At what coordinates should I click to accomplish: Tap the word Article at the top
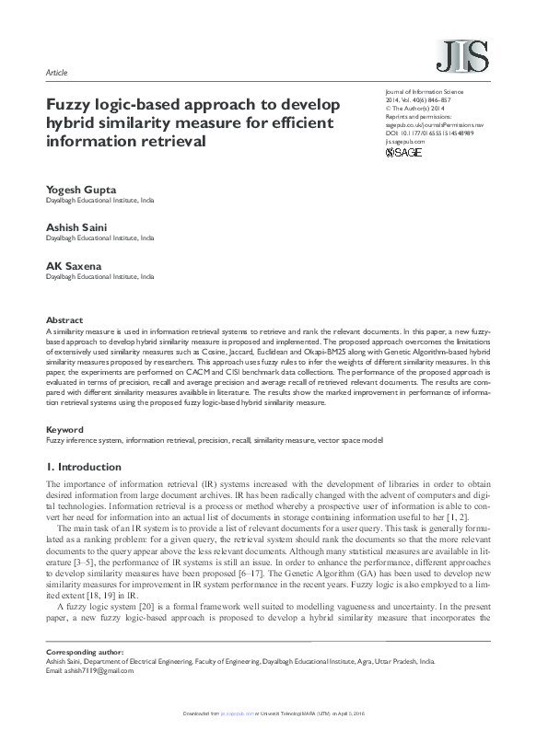(57, 72)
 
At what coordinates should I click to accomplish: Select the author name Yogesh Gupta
(82, 190)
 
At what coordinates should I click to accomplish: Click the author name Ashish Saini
(78, 227)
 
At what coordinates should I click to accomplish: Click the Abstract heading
(64, 320)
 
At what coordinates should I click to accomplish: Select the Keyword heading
(64, 430)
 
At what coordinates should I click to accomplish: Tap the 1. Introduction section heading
(84, 467)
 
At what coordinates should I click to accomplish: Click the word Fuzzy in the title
(70, 105)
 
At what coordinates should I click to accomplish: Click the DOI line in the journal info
(428, 133)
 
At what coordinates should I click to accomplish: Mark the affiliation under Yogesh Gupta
(100, 199)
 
